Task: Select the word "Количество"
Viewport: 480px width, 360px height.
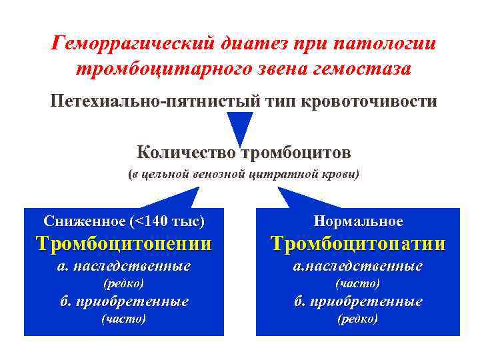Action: click(x=186, y=153)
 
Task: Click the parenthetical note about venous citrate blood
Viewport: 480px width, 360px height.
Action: click(x=243, y=175)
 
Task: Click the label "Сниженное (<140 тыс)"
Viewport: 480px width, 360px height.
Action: click(x=124, y=221)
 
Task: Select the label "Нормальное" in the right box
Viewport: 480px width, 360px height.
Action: click(x=359, y=221)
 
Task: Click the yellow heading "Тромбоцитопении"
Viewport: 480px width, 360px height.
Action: click(x=124, y=243)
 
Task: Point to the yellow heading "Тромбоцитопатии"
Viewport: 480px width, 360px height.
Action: click(x=358, y=243)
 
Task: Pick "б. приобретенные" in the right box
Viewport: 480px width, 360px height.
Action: click(x=358, y=301)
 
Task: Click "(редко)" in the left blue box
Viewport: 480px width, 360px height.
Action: click(x=123, y=283)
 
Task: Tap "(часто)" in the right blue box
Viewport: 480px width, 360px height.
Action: click(x=358, y=283)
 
